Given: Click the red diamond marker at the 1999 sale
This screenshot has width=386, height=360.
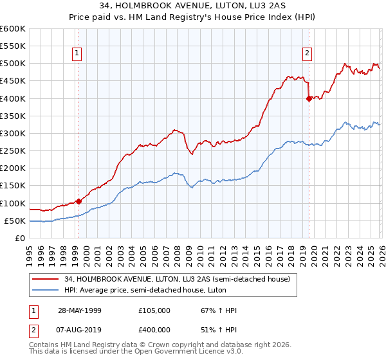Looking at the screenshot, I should click(79, 201).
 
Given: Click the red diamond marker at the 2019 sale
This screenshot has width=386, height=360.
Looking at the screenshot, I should click(309, 98).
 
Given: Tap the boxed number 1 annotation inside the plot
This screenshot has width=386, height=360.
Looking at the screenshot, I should click(77, 53).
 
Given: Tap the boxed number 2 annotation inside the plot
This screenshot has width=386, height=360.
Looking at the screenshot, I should click(307, 53).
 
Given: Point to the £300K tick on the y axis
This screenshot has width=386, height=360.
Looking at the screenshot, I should click(13, 133).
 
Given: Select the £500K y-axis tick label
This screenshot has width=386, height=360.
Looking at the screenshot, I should click(13, 64).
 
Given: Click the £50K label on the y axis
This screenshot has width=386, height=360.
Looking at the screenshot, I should click(15, 221).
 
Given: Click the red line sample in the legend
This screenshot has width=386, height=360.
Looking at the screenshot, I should click(46, 279).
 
